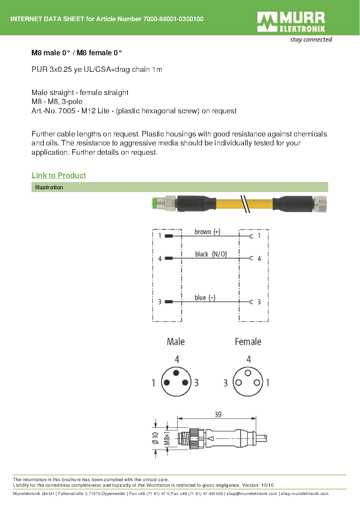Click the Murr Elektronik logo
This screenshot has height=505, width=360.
point(291,22)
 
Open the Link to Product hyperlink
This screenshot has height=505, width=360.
point(59,175)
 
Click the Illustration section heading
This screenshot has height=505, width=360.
point(49,188)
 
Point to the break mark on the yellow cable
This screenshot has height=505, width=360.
point(245,204)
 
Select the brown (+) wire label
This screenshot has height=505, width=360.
point(207,232)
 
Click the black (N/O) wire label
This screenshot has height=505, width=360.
point(211,254)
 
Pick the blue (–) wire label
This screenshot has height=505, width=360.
point(205,298)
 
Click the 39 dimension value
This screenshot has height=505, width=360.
point(218,415)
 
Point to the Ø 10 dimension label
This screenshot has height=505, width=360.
point(155,438)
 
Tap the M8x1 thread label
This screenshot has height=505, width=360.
point(167,438)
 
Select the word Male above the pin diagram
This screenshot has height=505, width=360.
point(176,342)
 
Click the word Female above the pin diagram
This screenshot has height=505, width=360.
point(248,342)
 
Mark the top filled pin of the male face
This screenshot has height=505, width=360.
point(176,373)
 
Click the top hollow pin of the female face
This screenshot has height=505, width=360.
point(248,373)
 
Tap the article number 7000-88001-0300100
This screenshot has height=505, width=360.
point(173,19)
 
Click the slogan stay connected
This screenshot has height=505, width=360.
point(311,40)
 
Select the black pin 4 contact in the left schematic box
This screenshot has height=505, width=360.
point(169,258)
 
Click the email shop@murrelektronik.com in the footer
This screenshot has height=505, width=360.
point(252,494)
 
